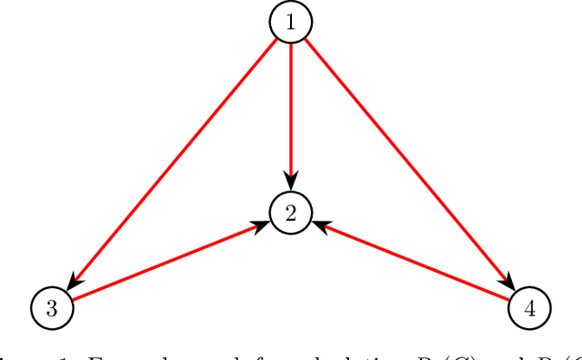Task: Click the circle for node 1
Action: click(291, 23)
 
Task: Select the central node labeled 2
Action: click(291, 213)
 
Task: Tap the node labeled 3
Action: click(52, 307)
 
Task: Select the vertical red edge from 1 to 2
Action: click(291, 109)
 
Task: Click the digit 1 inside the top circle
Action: click(291, 23)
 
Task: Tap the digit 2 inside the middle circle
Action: click(291, 213)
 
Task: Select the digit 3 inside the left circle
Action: click(52, 307)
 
